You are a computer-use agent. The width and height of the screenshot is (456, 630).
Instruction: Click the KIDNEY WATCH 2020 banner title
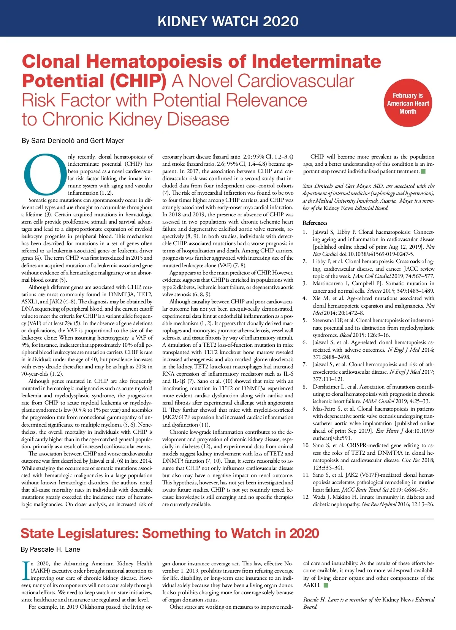tap(228, 21)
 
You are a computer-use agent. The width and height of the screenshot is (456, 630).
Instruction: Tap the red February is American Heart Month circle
tap(408, 103)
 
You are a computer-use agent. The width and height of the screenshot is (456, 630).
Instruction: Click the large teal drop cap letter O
tap(45, 174)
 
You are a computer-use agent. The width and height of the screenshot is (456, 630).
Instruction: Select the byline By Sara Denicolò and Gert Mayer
tap(73, 141)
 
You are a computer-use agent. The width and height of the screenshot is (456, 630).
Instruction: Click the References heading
tap(315, 223)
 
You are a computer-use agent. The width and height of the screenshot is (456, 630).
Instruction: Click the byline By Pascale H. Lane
tap(50, 549)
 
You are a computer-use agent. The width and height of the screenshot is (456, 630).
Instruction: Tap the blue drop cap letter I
tap(25, 571)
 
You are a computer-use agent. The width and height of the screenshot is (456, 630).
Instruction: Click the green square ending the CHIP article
tap(423, 171)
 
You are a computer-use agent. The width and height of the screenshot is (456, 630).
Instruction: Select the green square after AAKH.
tap(326, 585)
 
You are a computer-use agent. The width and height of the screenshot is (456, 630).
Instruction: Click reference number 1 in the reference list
tap(305, 232)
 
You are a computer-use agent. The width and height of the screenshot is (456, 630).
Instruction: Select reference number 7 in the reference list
tap(305, 364)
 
